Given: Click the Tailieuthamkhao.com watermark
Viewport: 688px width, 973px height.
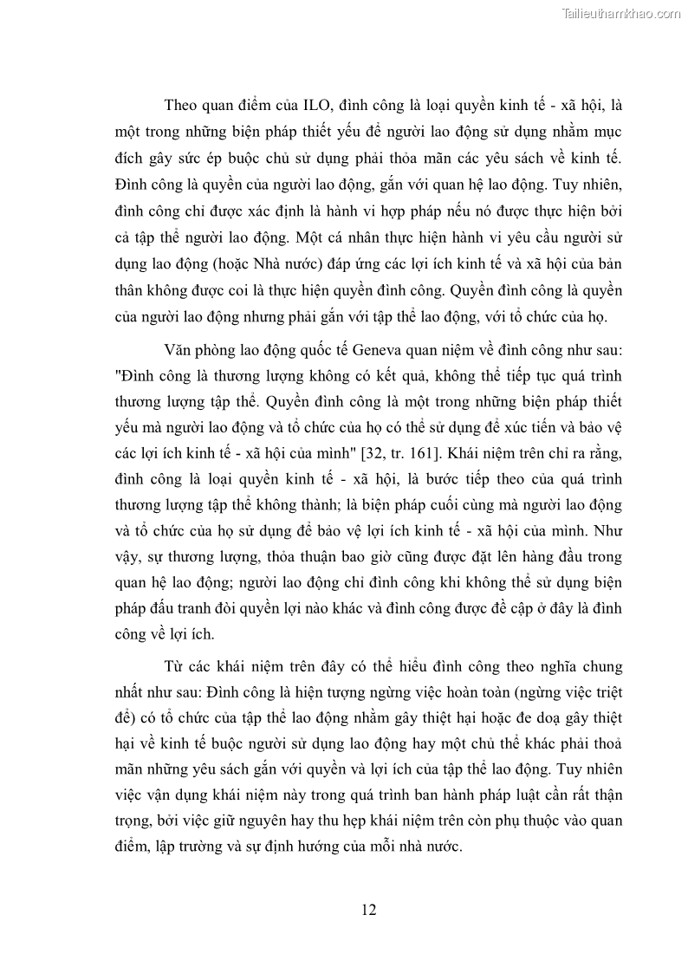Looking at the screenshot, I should coord(621,13).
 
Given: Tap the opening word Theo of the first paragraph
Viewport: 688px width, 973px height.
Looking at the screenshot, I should coord(182,106).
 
